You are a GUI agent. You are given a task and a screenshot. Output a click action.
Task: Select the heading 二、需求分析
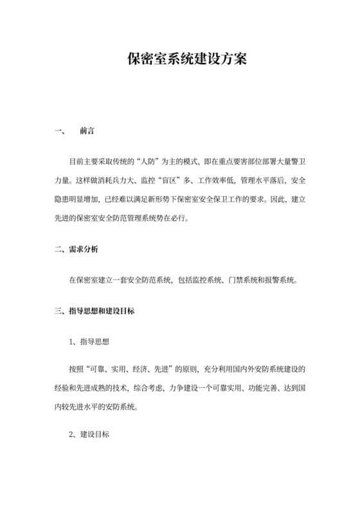76,248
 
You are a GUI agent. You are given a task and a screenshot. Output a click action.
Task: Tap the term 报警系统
278,280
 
